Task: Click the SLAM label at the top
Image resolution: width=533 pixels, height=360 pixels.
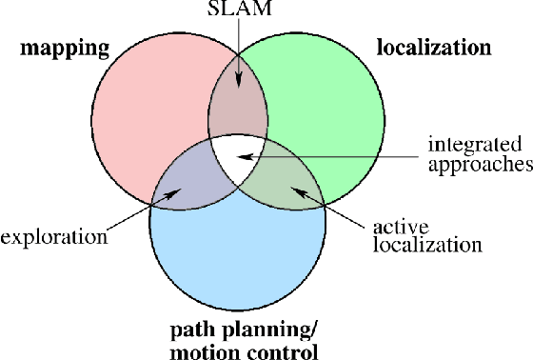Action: click(239, 10)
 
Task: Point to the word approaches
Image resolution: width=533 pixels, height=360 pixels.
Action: click(478, 164)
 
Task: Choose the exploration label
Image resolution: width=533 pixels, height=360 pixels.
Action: click(52, 234)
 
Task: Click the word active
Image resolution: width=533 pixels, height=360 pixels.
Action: click(393, 228)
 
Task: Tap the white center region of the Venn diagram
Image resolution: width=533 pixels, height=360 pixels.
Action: click(237, 157)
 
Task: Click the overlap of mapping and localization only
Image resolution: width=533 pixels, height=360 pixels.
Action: click(238, 105)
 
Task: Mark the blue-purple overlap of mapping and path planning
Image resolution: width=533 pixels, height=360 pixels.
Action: click(188, 176)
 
